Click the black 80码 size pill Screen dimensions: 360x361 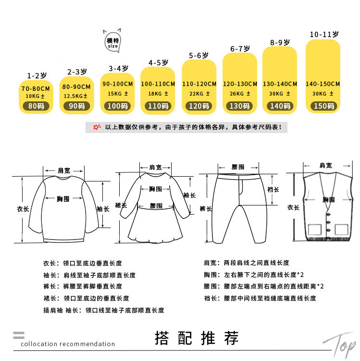pyautogui.click(x=36, y=106)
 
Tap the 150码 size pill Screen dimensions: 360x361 pyautogui.click(x=323, y=106)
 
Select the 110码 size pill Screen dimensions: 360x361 pyautogui.click(x=156, y=106)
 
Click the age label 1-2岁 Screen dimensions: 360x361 pyautogui.click(x=36, y=76)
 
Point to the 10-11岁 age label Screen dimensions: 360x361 pyautogui.click(x=324, y=35)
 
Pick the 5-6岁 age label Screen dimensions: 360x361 pyautogui.click(x=199, y=56)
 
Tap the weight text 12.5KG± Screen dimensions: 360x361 pyautogui.click(x=76, y=96)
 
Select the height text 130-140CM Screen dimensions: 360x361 pyautogui.click(x=280, y=84)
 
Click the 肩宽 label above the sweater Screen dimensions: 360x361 pyautogui.click(x=63, y=170)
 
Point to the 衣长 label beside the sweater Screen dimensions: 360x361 pyautogui.click(x=23, y=208)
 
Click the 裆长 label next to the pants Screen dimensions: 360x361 pyautogui.click(x=273, y=190)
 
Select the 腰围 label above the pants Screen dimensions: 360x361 pyautogui.click(x=237, y=167)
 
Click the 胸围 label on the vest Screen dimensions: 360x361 pyautogui.click(x=328, y=199)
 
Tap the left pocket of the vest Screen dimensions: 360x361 pyautogui.click(x=315, y=229)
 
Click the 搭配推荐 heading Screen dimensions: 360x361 pyautogui.click(x=197, y=338)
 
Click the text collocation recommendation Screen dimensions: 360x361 pyautogui.click(x=68, y=344)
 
